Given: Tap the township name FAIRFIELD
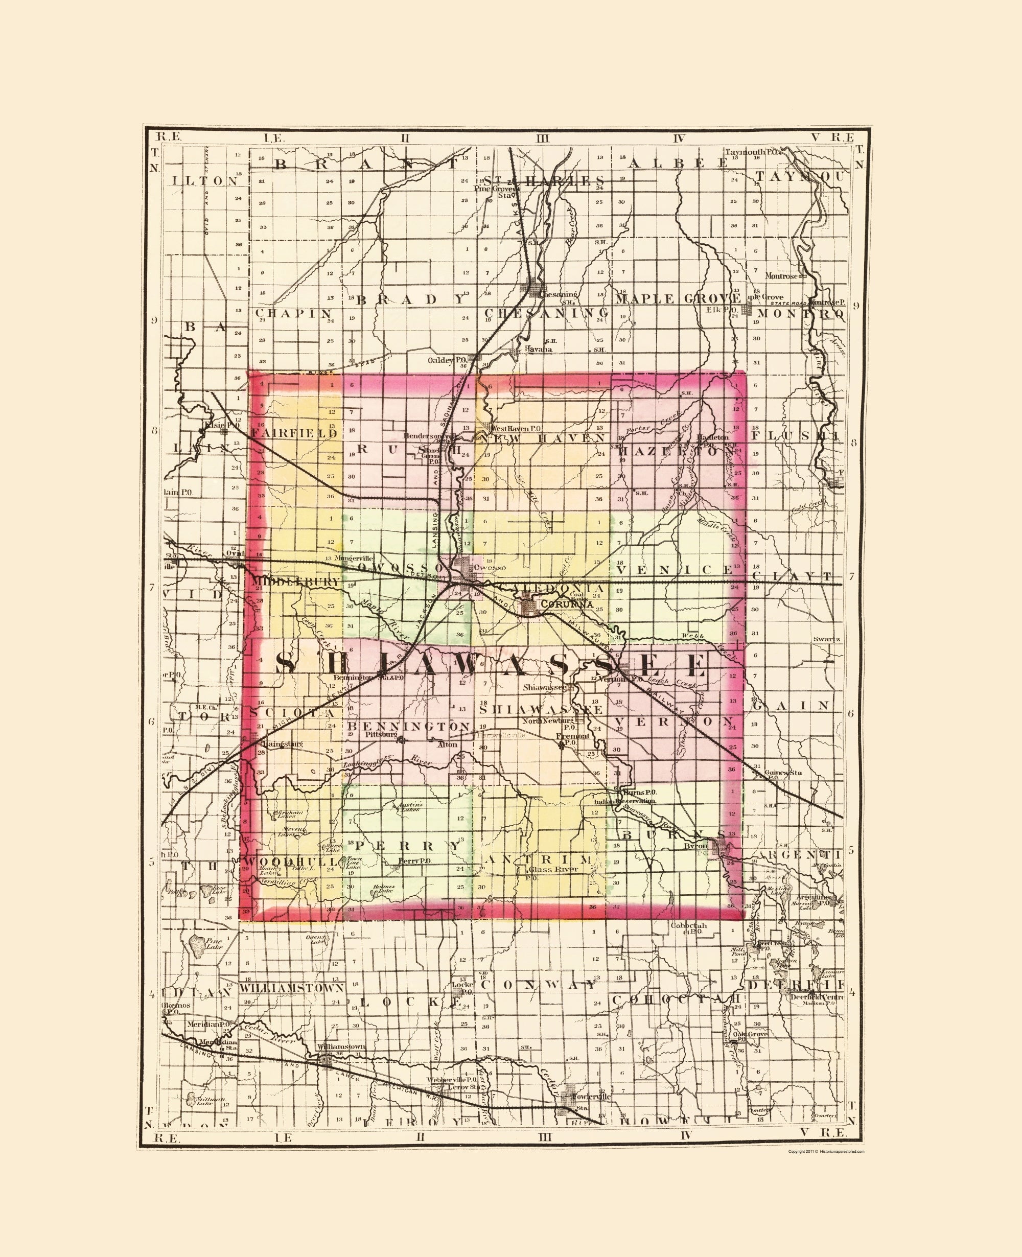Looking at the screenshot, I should [294, 433].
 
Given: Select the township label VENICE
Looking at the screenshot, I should [675, 569].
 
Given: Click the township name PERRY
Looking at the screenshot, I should [408, 846].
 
